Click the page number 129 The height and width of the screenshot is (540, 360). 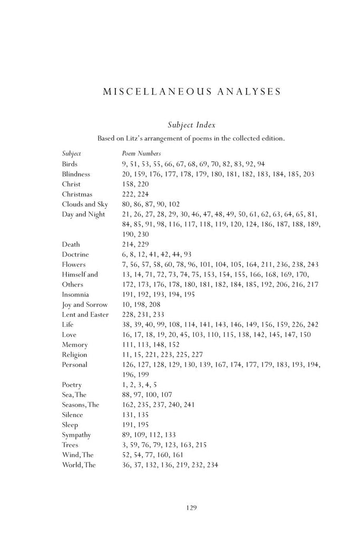tap(191, 508)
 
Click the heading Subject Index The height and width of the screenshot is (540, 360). tap(190, 125)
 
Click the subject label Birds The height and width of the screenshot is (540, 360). tap(70, 164)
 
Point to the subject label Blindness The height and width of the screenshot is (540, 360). tap(76, 174)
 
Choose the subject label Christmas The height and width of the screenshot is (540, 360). tap(77, 194)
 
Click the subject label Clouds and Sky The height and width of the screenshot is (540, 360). tap(84, 204)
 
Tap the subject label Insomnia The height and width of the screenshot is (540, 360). tap(75, 294)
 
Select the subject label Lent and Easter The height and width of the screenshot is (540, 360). tap(85, 314)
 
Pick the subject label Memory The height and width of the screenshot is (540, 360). tap(74, 344)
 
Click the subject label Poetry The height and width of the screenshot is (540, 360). tap(72, 384)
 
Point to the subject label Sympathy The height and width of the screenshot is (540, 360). tap(76, 435)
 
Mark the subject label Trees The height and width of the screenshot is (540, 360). tap(70, 445)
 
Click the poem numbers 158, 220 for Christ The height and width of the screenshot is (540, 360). tap(135, 184)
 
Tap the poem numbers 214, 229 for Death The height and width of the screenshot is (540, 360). tap(135, 244)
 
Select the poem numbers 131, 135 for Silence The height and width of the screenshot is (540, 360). tap(135, 414)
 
